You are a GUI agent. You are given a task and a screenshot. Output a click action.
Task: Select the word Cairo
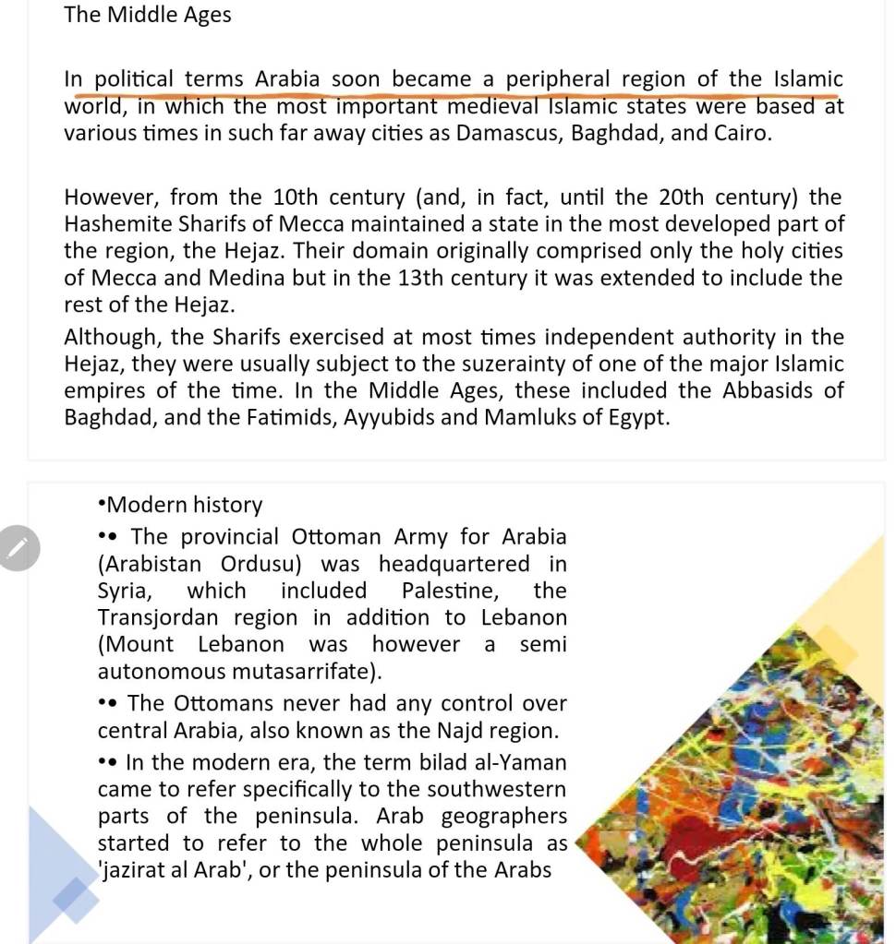(x=740, y=133)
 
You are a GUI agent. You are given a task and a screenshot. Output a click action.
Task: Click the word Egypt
(x=636, y=417)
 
